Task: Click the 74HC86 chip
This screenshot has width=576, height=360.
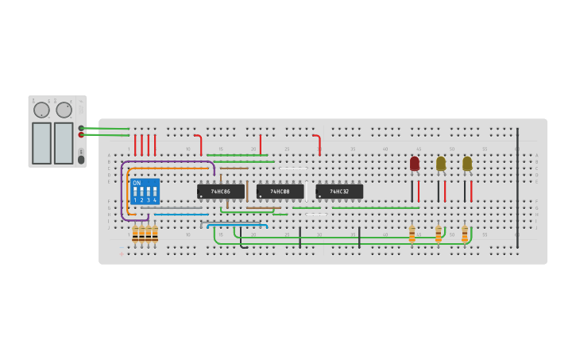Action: (x=220, y=192)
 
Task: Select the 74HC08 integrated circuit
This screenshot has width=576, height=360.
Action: (x=280, y=192)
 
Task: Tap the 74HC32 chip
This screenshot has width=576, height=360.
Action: (x=339, y=192)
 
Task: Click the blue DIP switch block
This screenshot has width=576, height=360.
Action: (x=145, y=192)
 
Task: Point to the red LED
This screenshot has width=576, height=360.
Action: (x=414, y=164)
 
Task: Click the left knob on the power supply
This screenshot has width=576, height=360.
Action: (x=41, y=110)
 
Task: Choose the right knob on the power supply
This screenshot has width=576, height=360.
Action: (x=64, y=110)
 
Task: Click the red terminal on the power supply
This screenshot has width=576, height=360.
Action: (x=81, y=135)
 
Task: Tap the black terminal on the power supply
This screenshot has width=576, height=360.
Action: (x=81, y=128)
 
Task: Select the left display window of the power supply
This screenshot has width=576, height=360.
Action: (x=41, y=143)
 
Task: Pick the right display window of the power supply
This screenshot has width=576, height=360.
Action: (x=64, y=143)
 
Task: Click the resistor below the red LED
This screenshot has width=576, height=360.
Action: (x=412, y=234)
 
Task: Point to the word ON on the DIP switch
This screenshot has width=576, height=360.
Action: (x=137, y=183)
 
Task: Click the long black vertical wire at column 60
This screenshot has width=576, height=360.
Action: (x=517, y=187)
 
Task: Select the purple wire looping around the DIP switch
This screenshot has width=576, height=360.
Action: (x=122, y=191)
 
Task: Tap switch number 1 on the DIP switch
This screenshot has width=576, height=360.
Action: (x=135, y=192)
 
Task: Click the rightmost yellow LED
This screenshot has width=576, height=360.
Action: (x=467, y=164)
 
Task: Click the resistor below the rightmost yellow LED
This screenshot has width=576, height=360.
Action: (x=465, y=234)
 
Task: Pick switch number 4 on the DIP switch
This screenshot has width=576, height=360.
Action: (x=154, y=192)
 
